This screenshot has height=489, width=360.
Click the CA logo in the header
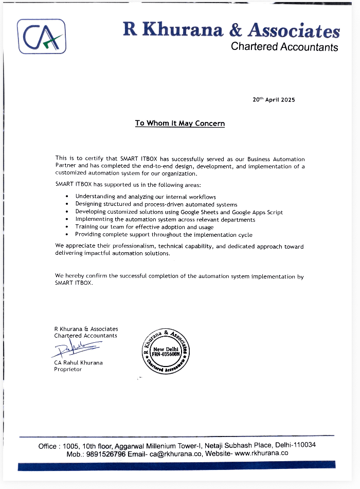point(42,36)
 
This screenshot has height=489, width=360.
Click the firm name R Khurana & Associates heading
point(231,30)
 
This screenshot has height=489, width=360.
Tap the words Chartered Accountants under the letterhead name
point(284,47)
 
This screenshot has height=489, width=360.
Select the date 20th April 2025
point(274,100)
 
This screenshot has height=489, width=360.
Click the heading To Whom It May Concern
point(179,124)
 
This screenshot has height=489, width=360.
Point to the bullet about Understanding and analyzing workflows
point(145,197)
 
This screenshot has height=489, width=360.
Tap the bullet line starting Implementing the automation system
point(165,219)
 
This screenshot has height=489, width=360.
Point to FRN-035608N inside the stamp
point(166,355)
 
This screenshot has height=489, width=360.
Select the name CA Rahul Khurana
point(78,362)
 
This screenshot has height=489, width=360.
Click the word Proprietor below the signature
point(68,370)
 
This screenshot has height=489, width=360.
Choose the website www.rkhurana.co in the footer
point(261,453)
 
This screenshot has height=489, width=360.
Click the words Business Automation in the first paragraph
point(280,159)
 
